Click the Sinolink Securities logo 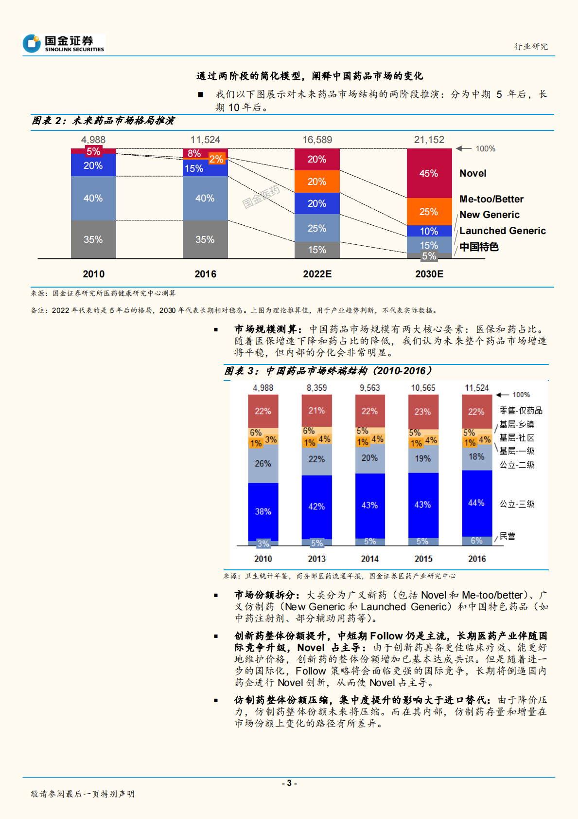click(x=63, y=44)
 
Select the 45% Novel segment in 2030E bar click(x=429, y=173)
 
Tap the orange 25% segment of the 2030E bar click(x=429, y=212)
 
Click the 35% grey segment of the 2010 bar click(x=93, y=239)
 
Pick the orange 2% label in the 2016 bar click(x=217, y=159)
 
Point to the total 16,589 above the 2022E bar click(x=317, y=140)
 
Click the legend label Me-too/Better click(x=491, y=199)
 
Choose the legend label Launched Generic click(x=502, y=231)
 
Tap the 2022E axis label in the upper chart click(x=317, y=274)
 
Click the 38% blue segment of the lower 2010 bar click(x=263, y=511)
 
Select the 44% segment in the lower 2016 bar click(x=476, y=503)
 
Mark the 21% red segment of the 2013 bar click(x=316, y=411)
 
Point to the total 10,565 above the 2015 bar click(x=423, y=388)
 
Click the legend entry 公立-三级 click(x=517, y=504)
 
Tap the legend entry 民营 click(x=508, y=536)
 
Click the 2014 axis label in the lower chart click(x=369, y=559)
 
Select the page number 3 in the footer click(x=289, y=783)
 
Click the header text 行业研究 click(x=531, y=46)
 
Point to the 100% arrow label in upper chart click(x=485, y=149)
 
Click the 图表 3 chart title click(x=328, y=371)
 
